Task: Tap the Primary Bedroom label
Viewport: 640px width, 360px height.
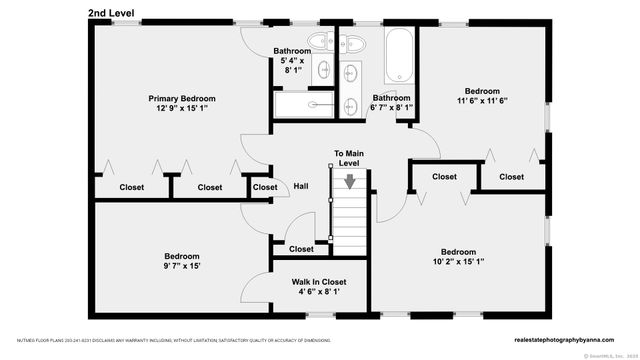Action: [182, 98]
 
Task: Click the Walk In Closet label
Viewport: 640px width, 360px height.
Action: [319, 282]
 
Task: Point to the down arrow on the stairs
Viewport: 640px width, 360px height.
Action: [350, 182]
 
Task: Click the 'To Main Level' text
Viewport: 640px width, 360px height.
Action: [348, 158]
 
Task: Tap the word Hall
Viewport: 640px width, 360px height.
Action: [300, 187]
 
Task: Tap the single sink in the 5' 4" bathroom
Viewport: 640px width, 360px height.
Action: [326, 68]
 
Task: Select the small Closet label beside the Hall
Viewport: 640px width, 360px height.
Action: [265, 187]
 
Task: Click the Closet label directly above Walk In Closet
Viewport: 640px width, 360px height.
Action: [301, 249]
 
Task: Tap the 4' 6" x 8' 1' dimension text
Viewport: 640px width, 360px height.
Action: [319, 293]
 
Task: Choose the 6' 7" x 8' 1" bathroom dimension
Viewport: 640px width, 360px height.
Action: [391, 108]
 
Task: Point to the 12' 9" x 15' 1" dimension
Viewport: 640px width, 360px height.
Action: [182, 109]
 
